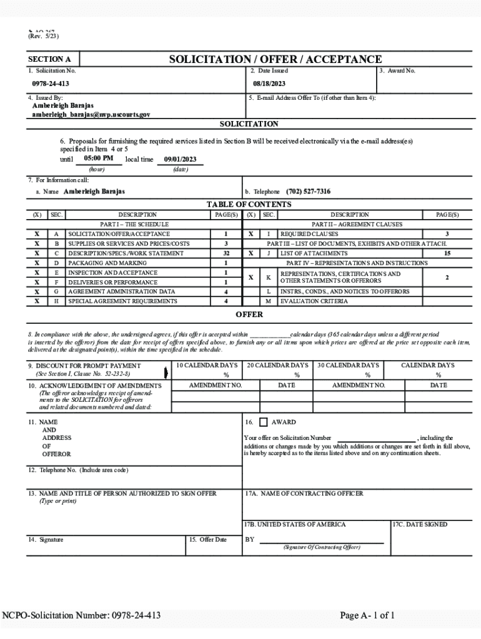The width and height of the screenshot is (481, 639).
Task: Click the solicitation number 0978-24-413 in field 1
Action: click(x=51, y=84)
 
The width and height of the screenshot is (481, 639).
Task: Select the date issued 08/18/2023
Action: click(x=269, y=84)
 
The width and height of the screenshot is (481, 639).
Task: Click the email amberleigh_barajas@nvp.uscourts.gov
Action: click(x=91, y=115)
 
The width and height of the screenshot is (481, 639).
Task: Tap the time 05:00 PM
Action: click(x=98, y=159)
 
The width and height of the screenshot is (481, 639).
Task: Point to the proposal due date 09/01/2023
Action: click(x=180, y=159)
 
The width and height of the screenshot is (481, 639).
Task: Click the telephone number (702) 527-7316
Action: click(x=309, y=192)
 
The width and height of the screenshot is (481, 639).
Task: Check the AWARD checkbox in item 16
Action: click(x=263, y=422)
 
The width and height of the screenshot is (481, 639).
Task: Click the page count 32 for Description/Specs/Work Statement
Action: click(x=226, y=253)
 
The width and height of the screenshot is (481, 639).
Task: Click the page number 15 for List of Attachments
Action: click(x=447, y=253)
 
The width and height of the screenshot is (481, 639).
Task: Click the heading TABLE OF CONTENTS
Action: click(x=249, y=204)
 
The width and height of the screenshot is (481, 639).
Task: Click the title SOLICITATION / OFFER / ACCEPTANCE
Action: click(x=275, y=59)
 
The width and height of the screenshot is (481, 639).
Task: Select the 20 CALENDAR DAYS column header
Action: click(x=277, y=365)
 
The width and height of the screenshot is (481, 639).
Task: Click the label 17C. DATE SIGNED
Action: click(x=420, y=524)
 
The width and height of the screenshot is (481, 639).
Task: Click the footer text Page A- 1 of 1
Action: click(x=367, y=615)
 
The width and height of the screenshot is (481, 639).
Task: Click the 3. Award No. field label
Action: click(x=397, y=71)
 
